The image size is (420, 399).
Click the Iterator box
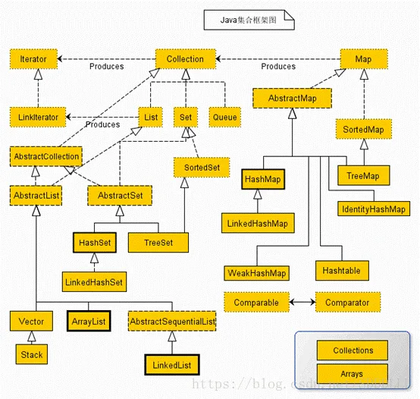(x=33, y=58)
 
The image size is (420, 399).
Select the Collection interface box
(x=185, y=58)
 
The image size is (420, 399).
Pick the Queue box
(x=224, y=117)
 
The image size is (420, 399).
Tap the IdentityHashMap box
(x=372, y=209)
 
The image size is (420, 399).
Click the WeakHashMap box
(x=257, y=272)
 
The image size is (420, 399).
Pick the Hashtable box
(x=341, y=270)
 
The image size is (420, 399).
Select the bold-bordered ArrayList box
(x=88, y=321)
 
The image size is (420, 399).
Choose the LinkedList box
(x=171, y=365)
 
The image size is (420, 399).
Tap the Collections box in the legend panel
(x=353, y=350)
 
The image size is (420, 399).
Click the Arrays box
(x=353, y=374)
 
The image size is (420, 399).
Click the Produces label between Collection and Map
(x=278, y=67)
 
